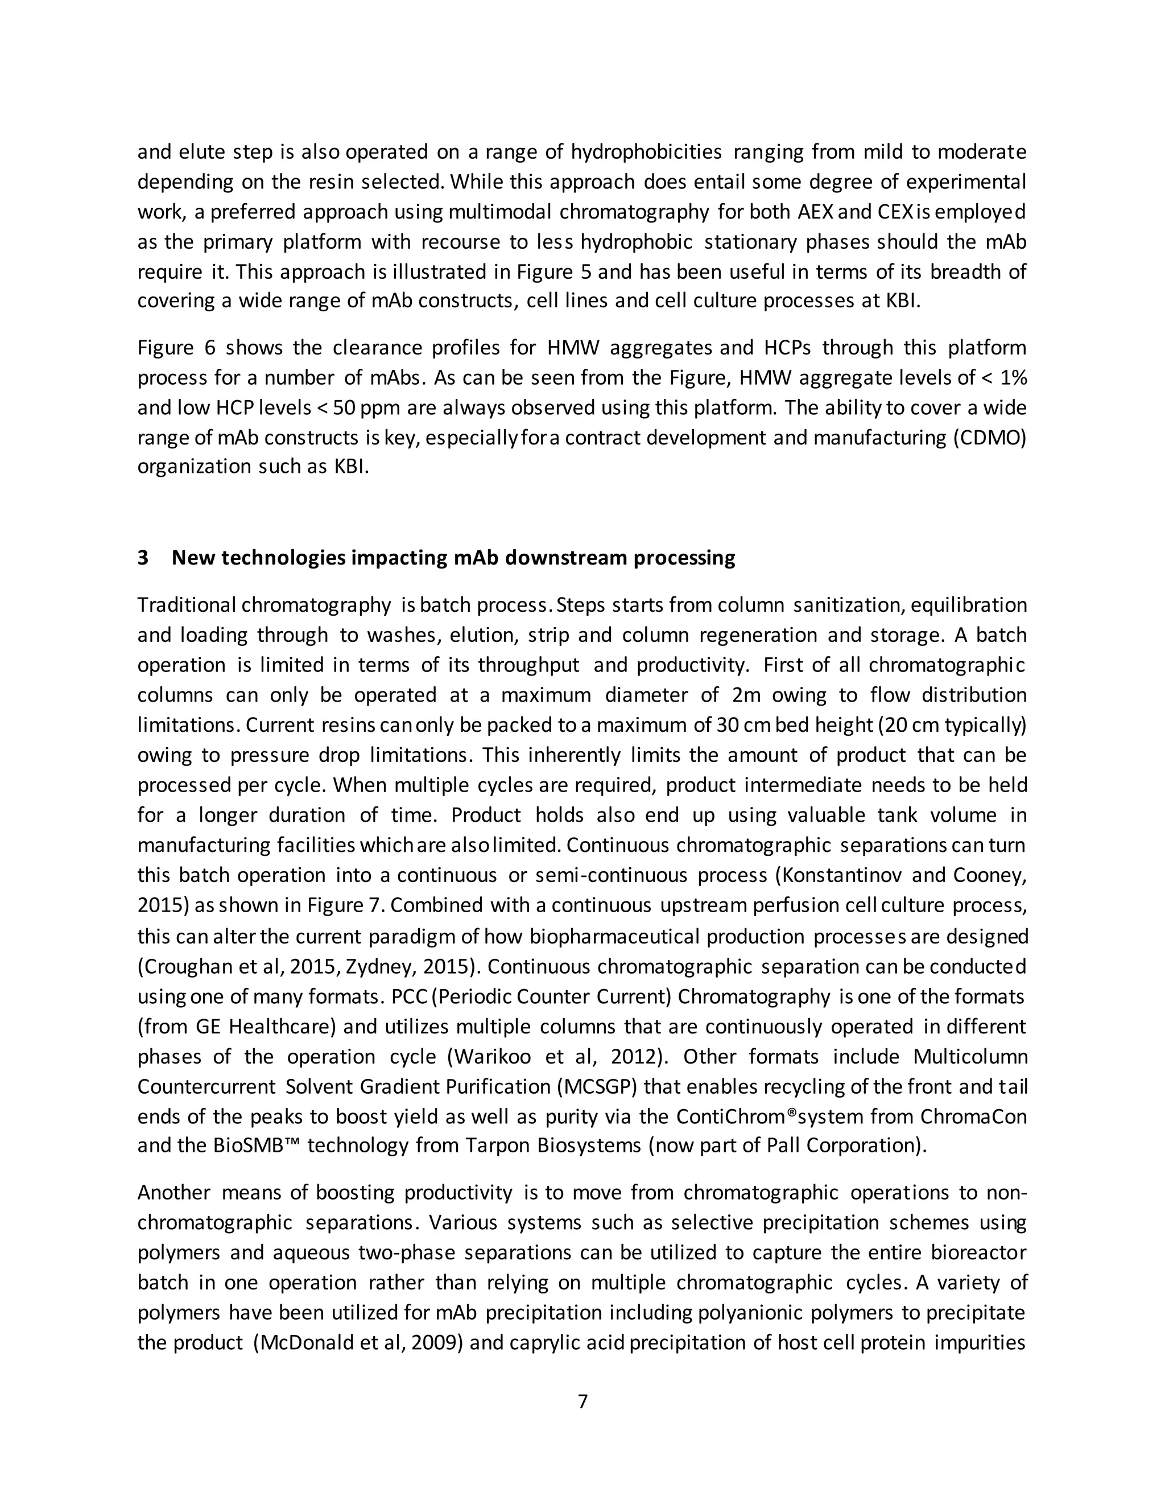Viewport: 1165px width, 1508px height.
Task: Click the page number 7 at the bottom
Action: (x=582, y=1401)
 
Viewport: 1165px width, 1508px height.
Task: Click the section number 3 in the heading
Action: (x=143, y=557)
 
